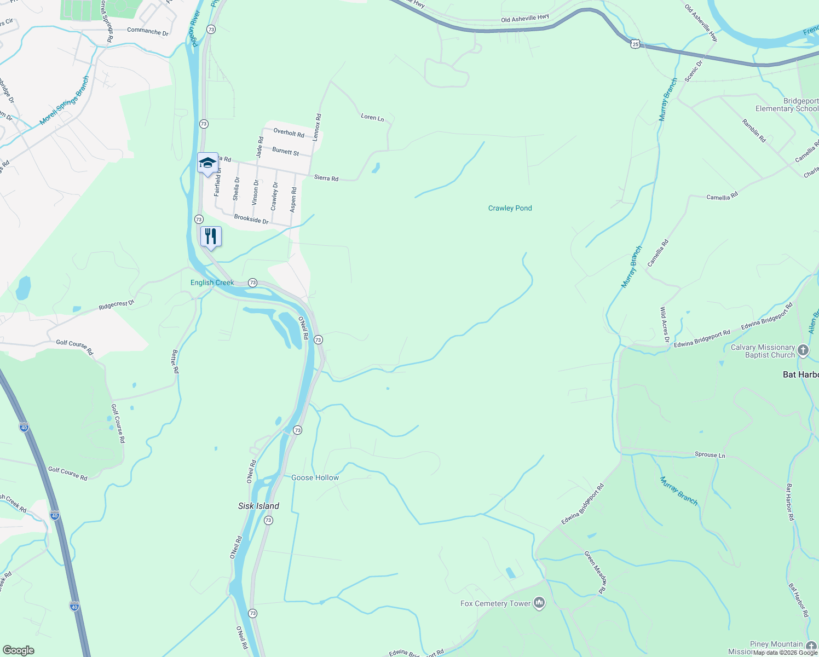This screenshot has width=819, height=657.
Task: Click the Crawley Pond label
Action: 510,208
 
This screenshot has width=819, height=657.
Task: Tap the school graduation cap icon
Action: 207,163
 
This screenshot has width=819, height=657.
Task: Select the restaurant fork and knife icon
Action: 211,237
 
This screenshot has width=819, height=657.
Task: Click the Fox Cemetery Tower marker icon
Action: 539,603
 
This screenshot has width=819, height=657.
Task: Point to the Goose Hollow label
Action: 315,477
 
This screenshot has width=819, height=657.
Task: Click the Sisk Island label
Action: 258,506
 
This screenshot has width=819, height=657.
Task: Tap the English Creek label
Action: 212,283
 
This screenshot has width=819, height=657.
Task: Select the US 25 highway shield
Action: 635,44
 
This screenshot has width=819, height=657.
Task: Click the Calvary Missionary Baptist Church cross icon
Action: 803,350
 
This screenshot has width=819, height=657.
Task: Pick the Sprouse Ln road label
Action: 710,454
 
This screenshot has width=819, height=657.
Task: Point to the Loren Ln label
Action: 372,117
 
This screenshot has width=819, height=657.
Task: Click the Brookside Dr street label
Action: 251,219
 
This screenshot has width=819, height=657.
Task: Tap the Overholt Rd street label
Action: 289,132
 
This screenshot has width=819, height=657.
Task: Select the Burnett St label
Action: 286,151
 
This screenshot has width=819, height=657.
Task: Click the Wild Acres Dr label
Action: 664,325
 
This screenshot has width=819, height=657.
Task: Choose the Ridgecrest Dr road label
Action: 117,304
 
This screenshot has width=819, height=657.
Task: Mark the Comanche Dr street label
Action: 148,31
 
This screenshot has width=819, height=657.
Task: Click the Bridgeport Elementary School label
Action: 787,105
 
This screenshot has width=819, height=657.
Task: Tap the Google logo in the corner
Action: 19,650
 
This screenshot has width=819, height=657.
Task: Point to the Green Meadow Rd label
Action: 596,573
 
